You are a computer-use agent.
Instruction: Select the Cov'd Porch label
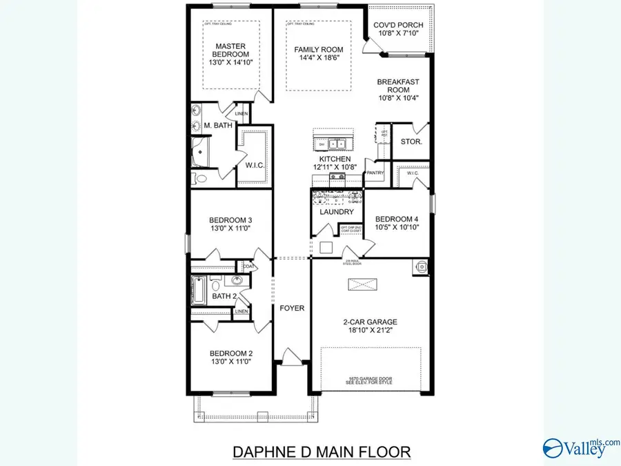pyautogui.click(x=398, y=26)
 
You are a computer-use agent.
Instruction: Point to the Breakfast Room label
pyautogui.click(x=398, y=86)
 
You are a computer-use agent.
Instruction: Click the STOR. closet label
pyautogui.click(x=411, y=142)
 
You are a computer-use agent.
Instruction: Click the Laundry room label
pyautogui.click(x=337, y=212)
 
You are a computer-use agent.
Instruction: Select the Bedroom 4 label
pyautogui.click(x=397, y=220)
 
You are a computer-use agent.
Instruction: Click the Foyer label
pyautogui.click(x=292, y=308)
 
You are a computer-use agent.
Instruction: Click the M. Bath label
pyautogui.click(x=217, y=125)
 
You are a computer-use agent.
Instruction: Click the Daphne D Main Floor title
pyautogui.click(x=321, y=452)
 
